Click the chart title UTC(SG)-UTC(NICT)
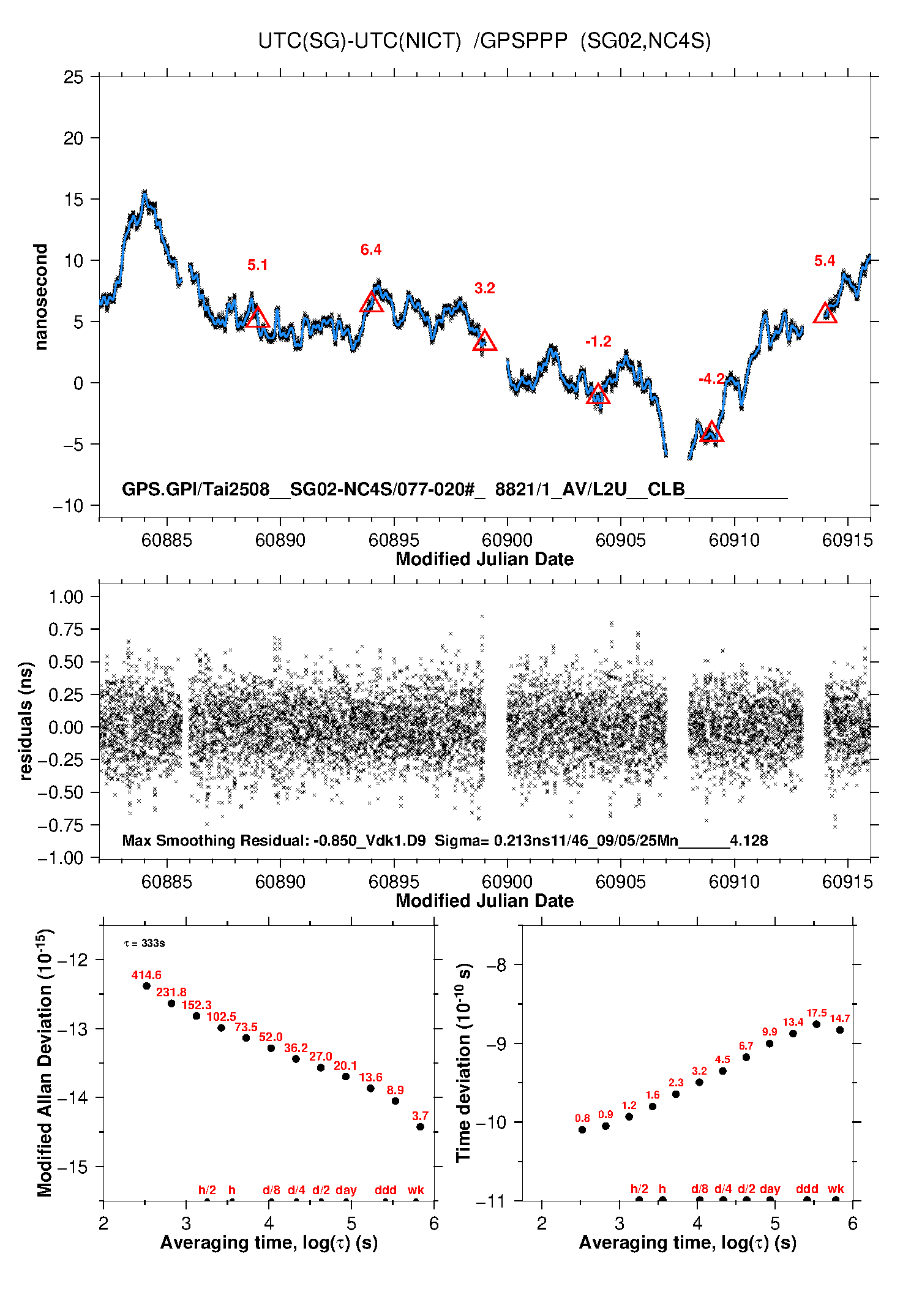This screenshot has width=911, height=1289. click(359, 41)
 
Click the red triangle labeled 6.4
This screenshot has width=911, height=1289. click(371, 303)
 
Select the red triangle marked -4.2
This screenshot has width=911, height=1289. click(711, 432)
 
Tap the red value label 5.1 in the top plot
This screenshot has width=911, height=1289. click(258, 265)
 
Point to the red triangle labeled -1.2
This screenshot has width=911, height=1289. click(598, 395)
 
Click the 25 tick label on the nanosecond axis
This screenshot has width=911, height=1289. click(73, 77)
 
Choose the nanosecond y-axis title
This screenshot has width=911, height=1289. click(40, 297)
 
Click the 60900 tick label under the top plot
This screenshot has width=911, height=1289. click(507, 540)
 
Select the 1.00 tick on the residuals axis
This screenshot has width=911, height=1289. click(66, 597)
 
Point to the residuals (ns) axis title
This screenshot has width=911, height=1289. click(26, 721)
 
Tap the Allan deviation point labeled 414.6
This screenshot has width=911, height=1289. click(146, 986)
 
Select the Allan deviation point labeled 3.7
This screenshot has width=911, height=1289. click(420, 1127)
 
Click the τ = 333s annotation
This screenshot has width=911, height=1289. click(144, 943)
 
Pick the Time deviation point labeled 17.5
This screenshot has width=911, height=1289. click(816, 1024)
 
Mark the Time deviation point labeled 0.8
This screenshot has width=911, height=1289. click(582, 1130)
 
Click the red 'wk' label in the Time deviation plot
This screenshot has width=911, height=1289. click(836, 1189)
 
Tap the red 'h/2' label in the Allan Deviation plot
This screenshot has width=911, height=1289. click(208, 1190)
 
